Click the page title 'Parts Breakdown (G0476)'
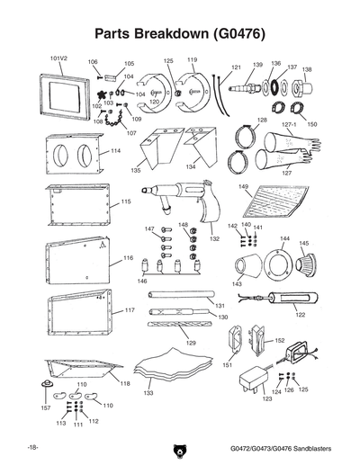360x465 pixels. coord(179,35)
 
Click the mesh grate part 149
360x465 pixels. coord(274,206)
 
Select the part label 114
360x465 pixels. coord(115,151)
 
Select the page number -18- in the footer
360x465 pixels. coord(32,447)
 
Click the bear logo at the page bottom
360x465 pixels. coord(179,449)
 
